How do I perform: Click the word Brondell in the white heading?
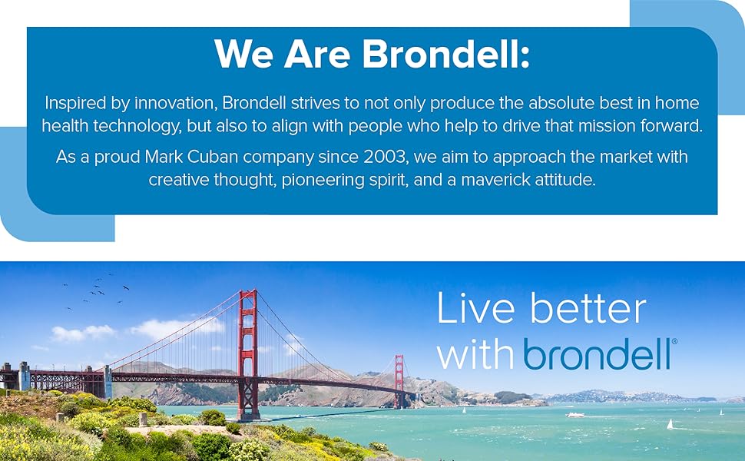[x=446, y=54]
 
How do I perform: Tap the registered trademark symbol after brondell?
[x=674, y=341]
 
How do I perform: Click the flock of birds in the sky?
[x=96, y=292]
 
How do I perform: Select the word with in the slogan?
[x=478, y=353]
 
